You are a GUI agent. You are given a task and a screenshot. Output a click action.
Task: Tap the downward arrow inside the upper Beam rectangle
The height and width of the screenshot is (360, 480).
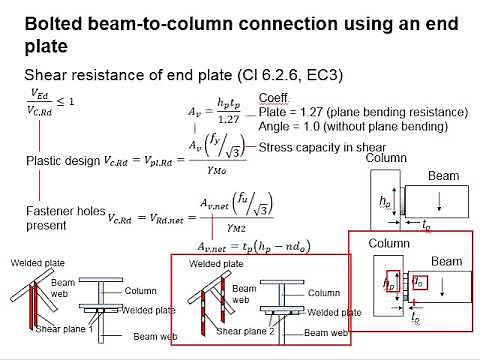point(444,206)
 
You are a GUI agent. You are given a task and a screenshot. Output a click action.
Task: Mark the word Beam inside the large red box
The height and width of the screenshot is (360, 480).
point(446,261)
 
